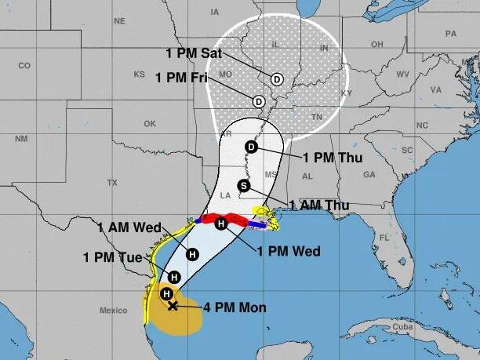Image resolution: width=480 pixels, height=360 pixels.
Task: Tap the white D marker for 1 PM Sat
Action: point(277,79)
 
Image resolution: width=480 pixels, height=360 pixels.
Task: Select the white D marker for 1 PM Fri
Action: point(258,100)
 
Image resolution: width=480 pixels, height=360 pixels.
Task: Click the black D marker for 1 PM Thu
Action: point(252,147)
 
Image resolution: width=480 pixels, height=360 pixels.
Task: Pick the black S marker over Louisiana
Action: point(243,186)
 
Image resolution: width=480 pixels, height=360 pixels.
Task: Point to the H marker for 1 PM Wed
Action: point(221,224)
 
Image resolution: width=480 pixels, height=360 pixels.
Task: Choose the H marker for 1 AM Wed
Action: point(192,253)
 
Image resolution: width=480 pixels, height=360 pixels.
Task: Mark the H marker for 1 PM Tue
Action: point(175,277)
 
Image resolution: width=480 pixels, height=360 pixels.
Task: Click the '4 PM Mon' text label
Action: point(235,307)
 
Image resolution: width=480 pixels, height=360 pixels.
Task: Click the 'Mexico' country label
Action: point(113,311)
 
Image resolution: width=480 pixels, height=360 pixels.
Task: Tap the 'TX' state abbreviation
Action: point(111,182)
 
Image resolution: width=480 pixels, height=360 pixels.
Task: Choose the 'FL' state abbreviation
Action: point(384,238)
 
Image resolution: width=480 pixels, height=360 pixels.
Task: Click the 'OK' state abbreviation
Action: point(149,124)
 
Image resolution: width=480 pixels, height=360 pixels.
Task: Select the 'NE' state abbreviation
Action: point(119,21)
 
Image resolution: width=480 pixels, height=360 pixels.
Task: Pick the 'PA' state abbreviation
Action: point(450,34)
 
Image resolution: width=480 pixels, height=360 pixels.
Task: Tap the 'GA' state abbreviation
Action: point(369,174)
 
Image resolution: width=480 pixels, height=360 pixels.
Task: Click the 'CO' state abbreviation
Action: point(24,65)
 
